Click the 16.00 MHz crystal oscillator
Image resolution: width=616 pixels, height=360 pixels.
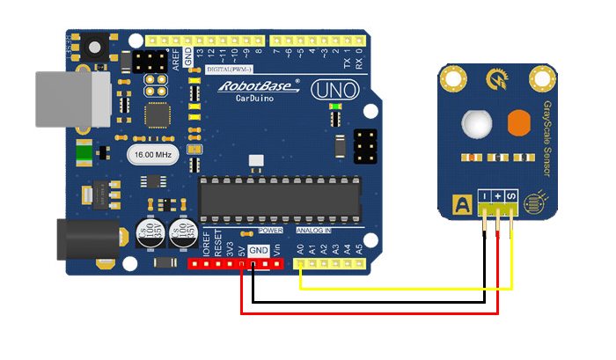tap(154, 155)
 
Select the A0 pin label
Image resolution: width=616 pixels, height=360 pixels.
tap(300, 249)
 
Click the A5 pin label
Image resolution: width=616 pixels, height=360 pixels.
tap(360, 249)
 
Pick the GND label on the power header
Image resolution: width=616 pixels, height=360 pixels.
tap(258, 251)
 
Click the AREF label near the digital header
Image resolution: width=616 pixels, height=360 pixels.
tap(174, 58)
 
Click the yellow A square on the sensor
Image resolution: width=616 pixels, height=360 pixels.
tap(459, 204)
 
